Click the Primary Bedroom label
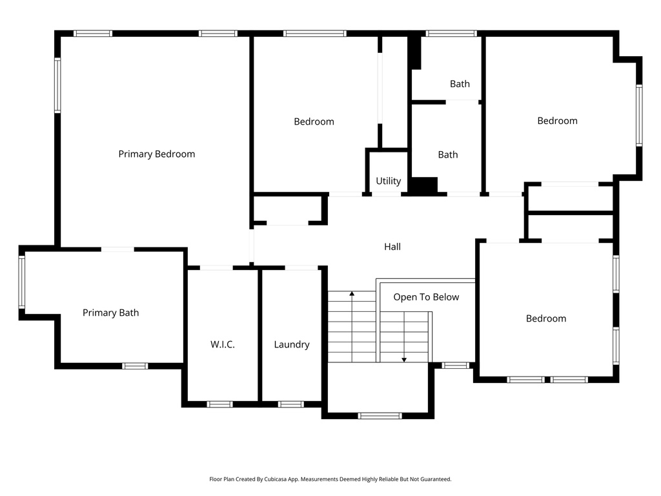[x=156, y=154]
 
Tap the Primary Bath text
[x=110, y=313]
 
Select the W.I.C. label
[x=223, y=344]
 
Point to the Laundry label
[x=291, y=344]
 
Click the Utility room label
[x=388, y=181]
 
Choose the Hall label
[x=392, y=246]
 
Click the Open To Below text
[x=426, y=297]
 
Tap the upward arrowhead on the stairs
[x=352, y=294]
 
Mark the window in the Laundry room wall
[x=290, y=404]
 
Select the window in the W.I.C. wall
[x=219, y=404]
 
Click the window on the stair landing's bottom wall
[x=380, y=415]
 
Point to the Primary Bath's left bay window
[x=22, y=282]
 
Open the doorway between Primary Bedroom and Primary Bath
[x=117, y=249]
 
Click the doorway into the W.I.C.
[x=216, y=267]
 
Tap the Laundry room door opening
[x=301, y=267]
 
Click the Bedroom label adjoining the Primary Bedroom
[x=314, y=121]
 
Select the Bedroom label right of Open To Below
[x=545, y=318]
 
